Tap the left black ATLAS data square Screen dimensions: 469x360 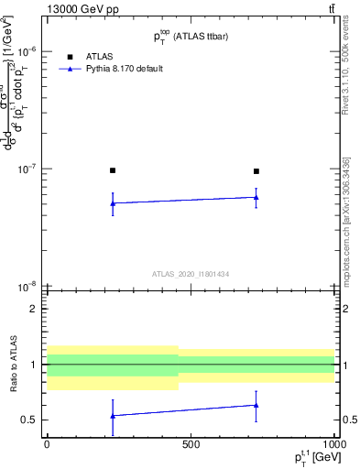113,170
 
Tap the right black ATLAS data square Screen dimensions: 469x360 256,171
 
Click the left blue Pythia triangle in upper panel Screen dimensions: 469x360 113,203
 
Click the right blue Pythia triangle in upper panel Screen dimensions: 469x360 256,197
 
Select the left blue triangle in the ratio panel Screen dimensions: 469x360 113,416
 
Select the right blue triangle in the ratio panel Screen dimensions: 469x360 256,405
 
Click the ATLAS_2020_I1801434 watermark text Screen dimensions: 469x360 191,274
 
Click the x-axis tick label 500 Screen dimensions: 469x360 191,444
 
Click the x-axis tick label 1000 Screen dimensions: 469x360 333,444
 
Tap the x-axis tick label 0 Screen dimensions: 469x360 47,444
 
